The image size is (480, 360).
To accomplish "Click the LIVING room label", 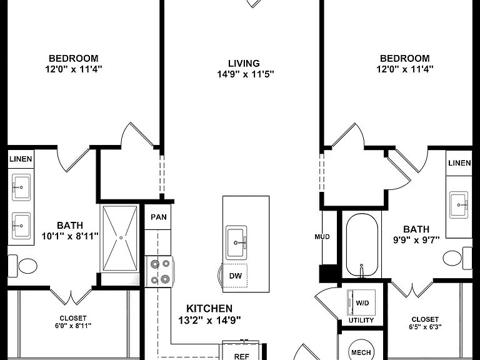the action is [244, 63].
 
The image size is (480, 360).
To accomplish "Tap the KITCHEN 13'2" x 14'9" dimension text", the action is [210, 320].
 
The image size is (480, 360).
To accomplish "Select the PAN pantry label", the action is [159, 217].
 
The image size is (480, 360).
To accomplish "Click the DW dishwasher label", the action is [236, 276].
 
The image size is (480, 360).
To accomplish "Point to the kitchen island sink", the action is [236, 242].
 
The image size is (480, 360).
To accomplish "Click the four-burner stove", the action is [160, 271].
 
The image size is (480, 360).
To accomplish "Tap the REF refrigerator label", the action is [241, 356].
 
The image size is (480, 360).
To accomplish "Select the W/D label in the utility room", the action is [362, 303].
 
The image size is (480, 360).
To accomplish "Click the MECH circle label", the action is [361, 352].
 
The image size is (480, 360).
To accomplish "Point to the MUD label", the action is [322, 237].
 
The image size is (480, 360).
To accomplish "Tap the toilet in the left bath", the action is [22, 266].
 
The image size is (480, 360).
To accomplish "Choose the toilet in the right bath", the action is [457, 258].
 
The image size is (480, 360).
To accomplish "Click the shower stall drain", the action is [121, 238].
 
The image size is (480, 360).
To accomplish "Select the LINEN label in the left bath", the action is [21, 159].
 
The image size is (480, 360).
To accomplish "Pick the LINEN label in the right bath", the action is [459, 163].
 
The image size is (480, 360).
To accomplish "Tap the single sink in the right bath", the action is [459, 205].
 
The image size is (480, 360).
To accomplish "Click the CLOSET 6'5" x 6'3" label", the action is [425, 323].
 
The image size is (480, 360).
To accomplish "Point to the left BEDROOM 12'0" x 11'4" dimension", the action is [74, 69].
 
